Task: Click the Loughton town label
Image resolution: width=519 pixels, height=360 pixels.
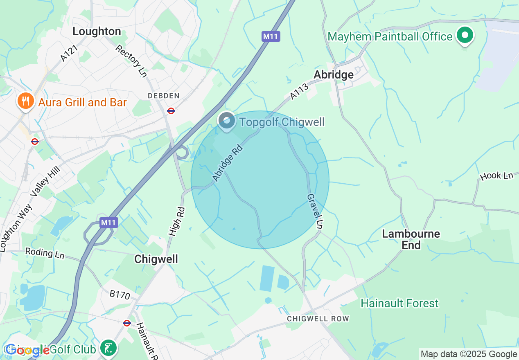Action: (x=97, y=32)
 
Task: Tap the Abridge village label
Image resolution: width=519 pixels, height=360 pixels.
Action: (x=333, y=74)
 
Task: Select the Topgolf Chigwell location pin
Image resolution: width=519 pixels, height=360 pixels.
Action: (x=226, y=121)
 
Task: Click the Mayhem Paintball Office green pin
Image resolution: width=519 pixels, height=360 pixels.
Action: (x=465, y=36)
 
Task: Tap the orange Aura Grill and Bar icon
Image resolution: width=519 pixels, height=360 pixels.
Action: (x=25, y=101)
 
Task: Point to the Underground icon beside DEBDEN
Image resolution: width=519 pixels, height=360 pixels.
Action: (x=171, y=110)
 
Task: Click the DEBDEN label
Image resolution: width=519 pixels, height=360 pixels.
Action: (x=164, y=96)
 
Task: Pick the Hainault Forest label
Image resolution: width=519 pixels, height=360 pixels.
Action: (x=399, y=303)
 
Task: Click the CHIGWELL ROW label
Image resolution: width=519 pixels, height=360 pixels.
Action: (x=318, y=319)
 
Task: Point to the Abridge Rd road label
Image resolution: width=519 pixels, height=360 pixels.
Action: (x=227, y=162)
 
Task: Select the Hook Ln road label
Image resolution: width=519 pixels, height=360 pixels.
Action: (x=496, y=176)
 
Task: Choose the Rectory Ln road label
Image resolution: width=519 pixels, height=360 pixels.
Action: (x=131, y=61)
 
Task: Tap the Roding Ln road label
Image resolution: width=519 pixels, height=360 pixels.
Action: (x=45, y=253)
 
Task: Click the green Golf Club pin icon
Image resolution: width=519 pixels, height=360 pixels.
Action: (x=108, y=349)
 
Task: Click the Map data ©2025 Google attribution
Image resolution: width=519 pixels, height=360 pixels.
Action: (x=469, y=354)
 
